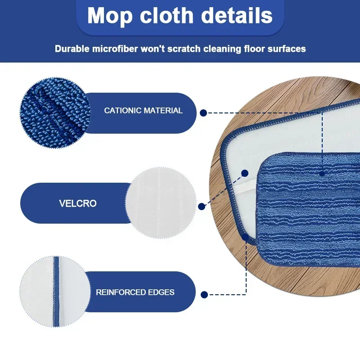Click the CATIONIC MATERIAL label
[x=143, y=110]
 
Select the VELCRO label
[x=78, y=203]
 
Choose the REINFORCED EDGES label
[x=135, y=292]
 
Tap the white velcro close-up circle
[x=161, y=203]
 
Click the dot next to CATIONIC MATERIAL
[x=203, y=113]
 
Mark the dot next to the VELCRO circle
[x=202, y=207]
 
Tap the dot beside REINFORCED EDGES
[x=204, y=295]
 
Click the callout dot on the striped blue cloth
[x=322, y=173]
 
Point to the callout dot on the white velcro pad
[x=245, y=173]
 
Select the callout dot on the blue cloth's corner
[x=245, y=236]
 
